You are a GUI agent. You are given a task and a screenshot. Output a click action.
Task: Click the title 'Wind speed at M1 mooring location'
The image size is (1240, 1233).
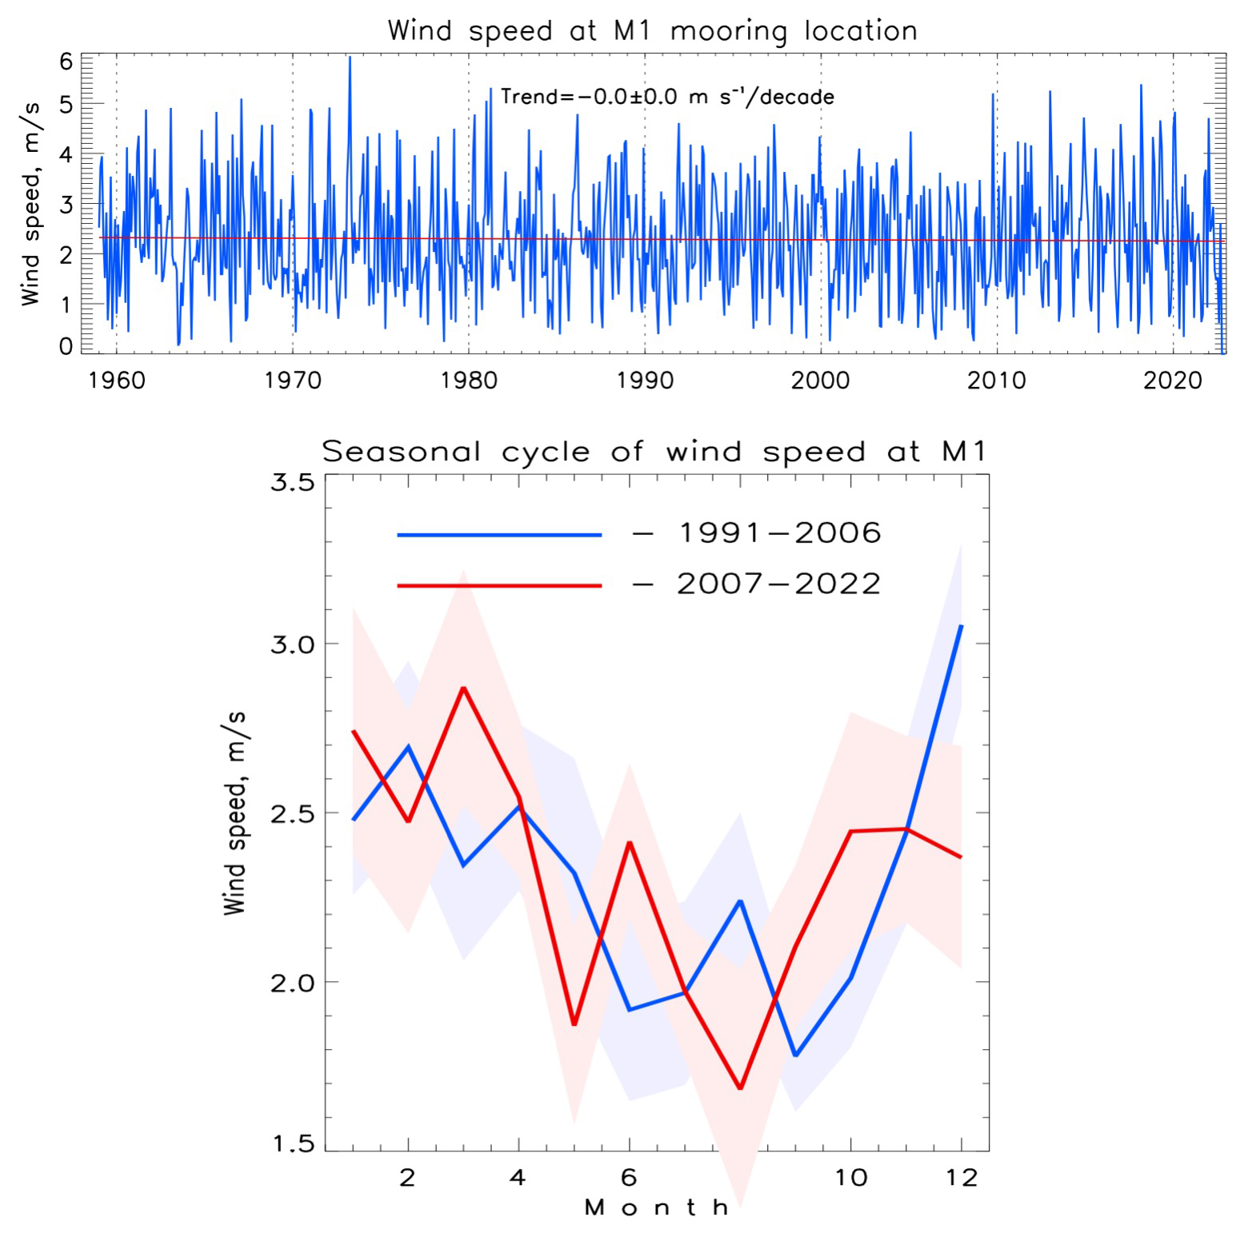click(652, 31)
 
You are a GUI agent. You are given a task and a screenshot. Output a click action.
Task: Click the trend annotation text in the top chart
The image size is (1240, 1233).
click(667, 97)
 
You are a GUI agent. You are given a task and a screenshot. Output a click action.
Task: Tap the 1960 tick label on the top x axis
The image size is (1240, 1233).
click(117, 380)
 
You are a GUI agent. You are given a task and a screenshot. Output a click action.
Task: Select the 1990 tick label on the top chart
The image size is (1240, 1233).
click(645, 380)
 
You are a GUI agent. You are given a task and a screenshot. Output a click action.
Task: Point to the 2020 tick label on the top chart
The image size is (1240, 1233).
click(1173, 380)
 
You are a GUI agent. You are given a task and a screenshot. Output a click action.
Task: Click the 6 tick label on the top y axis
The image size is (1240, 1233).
click(66, 62)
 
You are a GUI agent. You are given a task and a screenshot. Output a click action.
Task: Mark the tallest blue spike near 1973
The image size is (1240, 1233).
click(350, 58)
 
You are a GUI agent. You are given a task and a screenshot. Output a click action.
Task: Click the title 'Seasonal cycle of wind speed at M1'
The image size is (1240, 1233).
click(654, 452)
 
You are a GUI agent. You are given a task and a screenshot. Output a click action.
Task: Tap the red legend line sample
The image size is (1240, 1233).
click(499, 585)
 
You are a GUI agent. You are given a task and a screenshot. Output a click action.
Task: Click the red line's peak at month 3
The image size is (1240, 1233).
click(464, 688)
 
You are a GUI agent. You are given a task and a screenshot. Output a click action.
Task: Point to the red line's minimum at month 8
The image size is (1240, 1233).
click(740, 1088)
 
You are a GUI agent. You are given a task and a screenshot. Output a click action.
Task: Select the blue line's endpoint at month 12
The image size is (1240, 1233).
click(961, 626)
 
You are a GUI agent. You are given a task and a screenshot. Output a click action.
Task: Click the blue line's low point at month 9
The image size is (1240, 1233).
click(795, 1055)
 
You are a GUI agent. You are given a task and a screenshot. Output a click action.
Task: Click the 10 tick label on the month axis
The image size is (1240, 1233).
click(850, 1178)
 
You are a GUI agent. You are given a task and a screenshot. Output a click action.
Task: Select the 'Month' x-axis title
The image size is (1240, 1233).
click(657, 1207)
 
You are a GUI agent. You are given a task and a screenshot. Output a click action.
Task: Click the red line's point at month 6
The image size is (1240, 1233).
click(630, 843)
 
